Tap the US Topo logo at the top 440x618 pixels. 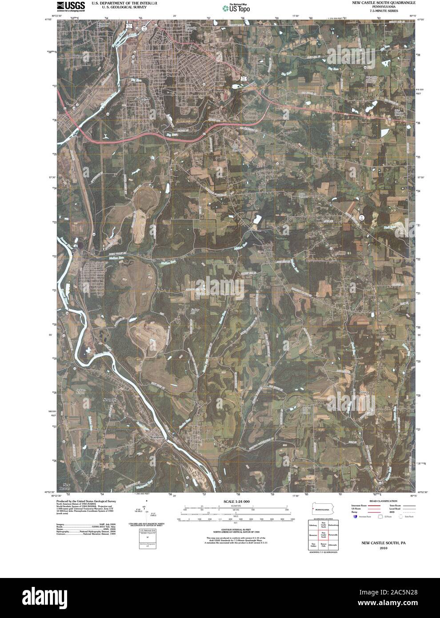tap(239, 8)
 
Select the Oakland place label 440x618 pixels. tap(78, 57)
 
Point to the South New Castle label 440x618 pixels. tap(143, 100)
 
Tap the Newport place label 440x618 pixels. tap(109, 400)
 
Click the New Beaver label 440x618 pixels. tap(67, 486)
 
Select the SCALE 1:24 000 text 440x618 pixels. tap(234, 502)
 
